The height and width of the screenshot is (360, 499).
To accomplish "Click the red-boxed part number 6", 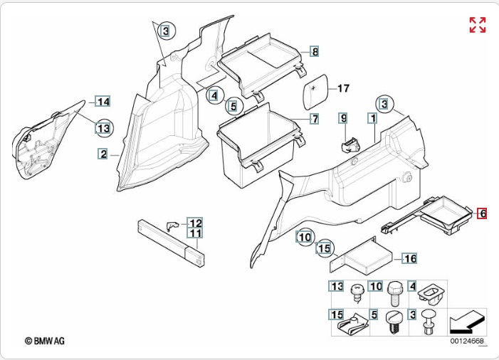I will point(482,213).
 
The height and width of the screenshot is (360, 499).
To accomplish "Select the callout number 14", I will point(103,101).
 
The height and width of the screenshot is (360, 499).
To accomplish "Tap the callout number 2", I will point(103,154).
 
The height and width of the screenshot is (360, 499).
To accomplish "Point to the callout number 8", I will point(315,51).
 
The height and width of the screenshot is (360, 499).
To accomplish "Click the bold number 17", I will point(343,89).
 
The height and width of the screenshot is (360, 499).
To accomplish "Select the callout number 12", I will point(195,223).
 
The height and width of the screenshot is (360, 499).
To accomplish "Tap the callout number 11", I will point(195,233).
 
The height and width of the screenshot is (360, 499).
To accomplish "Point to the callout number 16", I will point(410,259).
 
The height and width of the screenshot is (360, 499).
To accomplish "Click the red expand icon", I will point(477,25).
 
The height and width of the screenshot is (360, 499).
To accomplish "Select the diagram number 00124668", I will point(466,342).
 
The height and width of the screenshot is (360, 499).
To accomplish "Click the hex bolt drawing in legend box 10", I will point(395,291).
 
